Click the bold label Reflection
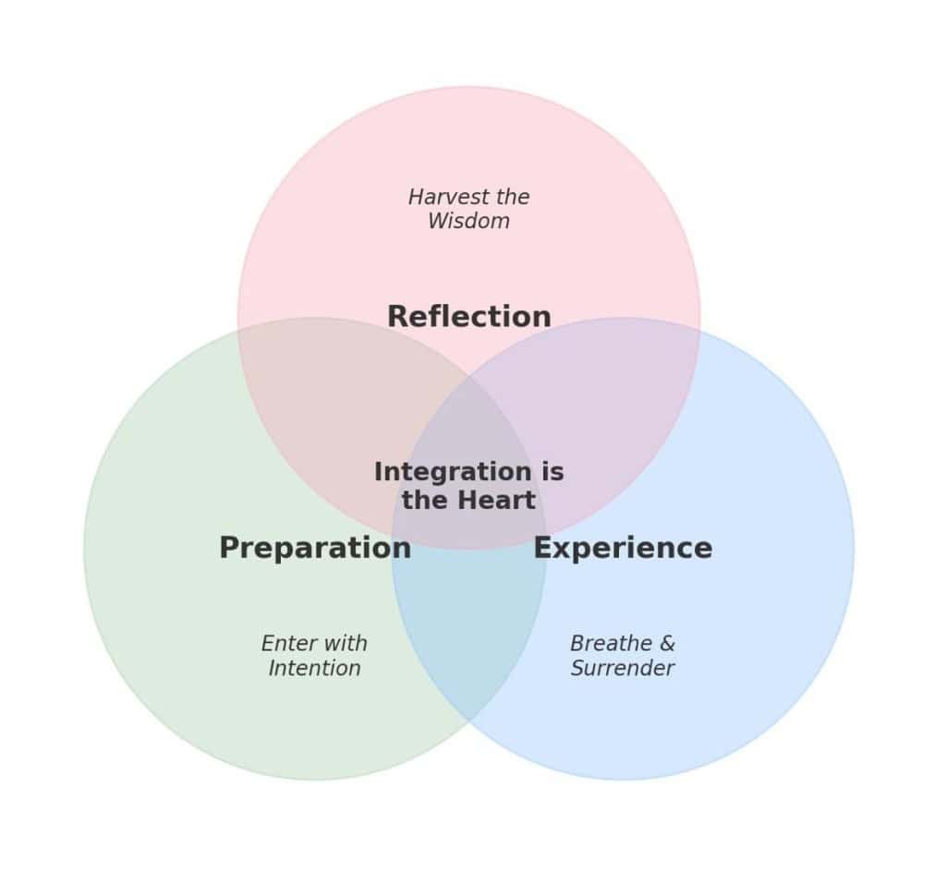point(468,317)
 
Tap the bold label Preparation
point(314,548)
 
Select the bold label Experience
point(623,548)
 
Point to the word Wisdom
point(468,222)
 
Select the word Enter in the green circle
point(287,644)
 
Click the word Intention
point(314,668)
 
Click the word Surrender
point(622,668)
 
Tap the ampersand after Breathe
point(667,644)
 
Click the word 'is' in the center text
point(553,472)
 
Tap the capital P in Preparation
point(229,548)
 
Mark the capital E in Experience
point(542,548)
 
